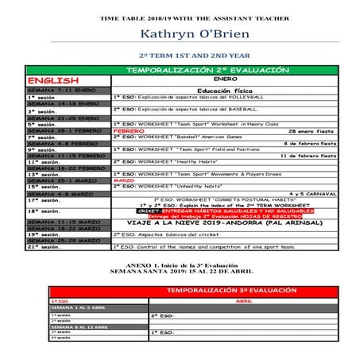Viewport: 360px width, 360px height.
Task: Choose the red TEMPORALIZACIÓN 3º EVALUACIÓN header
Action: coord(224,292)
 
